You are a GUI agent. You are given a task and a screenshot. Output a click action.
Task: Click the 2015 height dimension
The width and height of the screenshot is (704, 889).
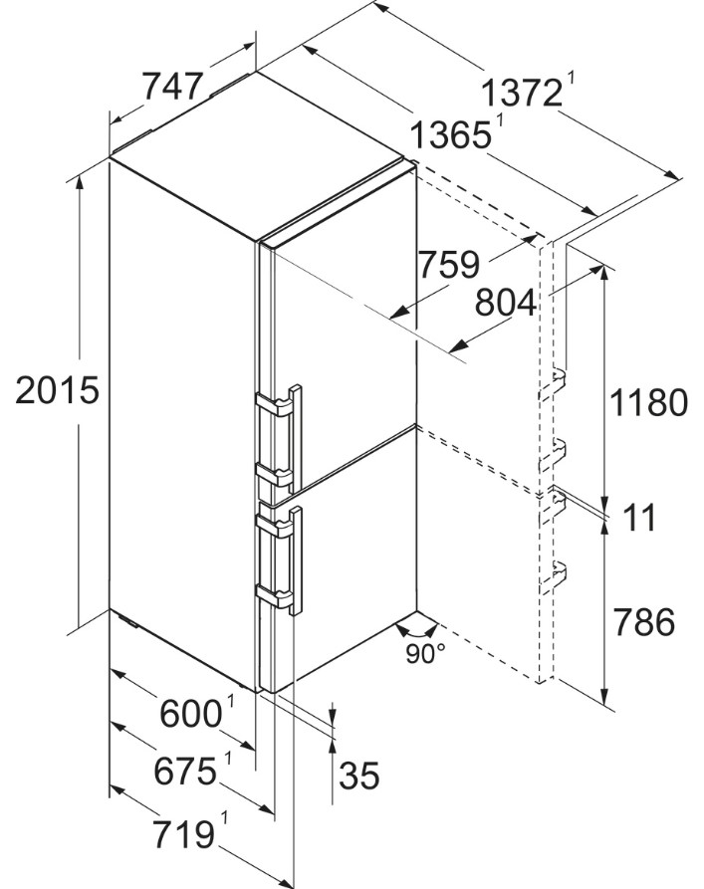click(57, 390)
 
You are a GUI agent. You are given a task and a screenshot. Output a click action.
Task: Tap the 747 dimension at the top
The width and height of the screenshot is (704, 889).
click(172, 87)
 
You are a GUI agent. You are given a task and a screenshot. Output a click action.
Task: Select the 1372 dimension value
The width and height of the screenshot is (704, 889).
click(522, 93)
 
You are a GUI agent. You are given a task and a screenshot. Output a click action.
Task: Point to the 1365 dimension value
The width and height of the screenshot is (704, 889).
click(450, 135)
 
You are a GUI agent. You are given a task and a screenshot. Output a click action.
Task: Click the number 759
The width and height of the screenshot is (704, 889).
click(449, 264)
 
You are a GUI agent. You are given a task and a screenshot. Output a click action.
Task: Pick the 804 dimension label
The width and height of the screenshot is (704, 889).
click(505, 303)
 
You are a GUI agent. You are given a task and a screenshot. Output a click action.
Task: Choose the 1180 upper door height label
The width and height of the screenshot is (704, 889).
click(648, 402)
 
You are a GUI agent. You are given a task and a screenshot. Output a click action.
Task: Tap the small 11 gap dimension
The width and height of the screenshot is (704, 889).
click(639, 517)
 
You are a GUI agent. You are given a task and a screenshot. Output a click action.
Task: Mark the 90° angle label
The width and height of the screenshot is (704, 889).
click(425, 654)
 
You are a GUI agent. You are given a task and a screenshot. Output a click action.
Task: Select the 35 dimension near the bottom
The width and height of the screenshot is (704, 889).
click(359, 776)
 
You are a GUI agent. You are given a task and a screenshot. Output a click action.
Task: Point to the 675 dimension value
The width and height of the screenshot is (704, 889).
click(185, 772)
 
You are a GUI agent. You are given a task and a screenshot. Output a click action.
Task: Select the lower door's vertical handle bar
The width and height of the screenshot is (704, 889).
click(296, 560)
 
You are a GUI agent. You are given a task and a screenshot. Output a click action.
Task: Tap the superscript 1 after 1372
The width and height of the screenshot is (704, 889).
click(571, 79)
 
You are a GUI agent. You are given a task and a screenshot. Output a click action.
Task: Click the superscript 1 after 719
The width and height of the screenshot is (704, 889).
click(224, 818)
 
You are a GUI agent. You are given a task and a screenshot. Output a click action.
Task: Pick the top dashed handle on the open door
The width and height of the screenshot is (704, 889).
click(552, 384)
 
